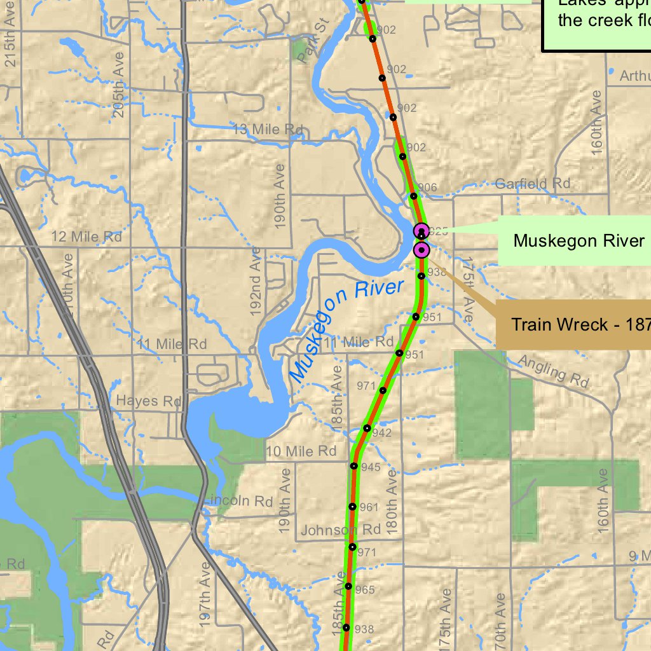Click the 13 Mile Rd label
click(x=268, y=130)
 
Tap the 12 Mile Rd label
click(x=86, y=237)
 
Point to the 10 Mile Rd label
click(x=301, y=451)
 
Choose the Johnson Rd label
click(x=341, y=530)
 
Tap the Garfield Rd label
click(x=533, y=184)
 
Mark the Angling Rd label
click(x=553, y=371)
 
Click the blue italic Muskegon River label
click(x=347, y=329)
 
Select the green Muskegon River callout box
click(x=579, y=240)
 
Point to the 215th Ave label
click(x=10, y=38)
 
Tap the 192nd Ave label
click(x=256, y=286)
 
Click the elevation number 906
click(x=428, y=188)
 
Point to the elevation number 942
click(x=382, y=434)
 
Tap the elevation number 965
click(x=365, y=590)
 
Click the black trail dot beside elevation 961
click(x=352, y=507)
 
